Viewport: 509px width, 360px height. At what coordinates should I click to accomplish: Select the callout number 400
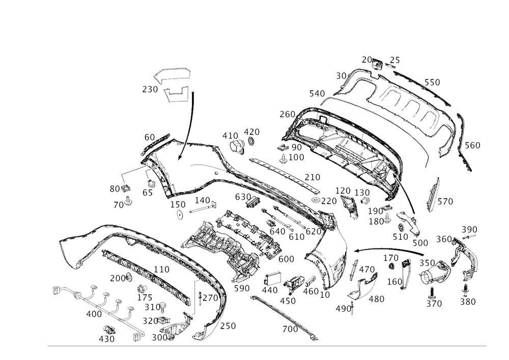click(94, 315)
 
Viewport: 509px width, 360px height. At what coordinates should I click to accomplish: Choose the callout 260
click(473, 146)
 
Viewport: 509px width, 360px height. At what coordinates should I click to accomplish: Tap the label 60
click(149, 137)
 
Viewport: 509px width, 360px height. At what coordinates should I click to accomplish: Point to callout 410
click(230, 135)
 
